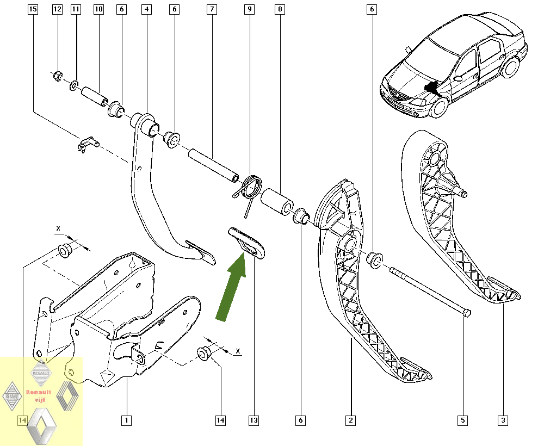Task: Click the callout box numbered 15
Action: tap(33, 9)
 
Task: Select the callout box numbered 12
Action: tap(57, 9)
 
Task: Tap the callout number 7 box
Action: tap(212, 9)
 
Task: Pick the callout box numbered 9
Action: tap(250, 9)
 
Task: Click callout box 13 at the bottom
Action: tap(254, 420)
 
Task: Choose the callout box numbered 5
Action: tap(463, 420)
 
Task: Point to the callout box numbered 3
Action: tap(503, 420)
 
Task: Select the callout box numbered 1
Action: tap(127, 420)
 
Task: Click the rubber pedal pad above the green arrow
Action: tap(246, 243)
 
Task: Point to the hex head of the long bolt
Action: tap(466, 313)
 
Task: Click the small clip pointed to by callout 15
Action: tap(86, 144)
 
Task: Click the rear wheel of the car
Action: tap(510, 67)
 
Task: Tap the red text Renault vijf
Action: tap(39, 396)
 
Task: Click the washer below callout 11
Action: tap(74, 85)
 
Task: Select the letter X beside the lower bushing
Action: tap(238, 351)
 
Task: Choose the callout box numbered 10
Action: tap(98, 9)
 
